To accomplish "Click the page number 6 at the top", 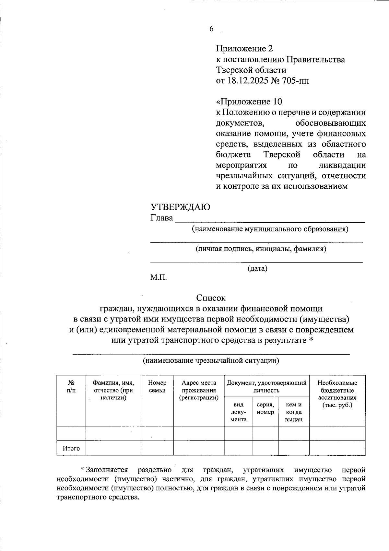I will point(211,29).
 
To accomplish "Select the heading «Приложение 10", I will point(249,102).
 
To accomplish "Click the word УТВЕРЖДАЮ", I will point(180,207).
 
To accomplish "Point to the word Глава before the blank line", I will point(161,218).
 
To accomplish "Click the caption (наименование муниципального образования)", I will point(270,229).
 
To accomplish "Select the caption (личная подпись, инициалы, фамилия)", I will point(261,249).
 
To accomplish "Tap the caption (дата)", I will point(257,268).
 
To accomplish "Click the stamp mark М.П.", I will point(159,277).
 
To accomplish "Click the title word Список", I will point(211,298).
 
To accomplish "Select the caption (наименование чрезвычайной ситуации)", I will point(211,360).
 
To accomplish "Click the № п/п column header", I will point(71,386).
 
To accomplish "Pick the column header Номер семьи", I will point(157,386).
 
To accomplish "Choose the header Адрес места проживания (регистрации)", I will point(199,390).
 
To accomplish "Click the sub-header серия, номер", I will point(265,408).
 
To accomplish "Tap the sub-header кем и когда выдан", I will point(294,412).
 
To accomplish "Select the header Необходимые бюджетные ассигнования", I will point(337,394).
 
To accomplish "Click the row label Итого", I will point(71,448).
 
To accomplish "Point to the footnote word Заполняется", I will point(107,470).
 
